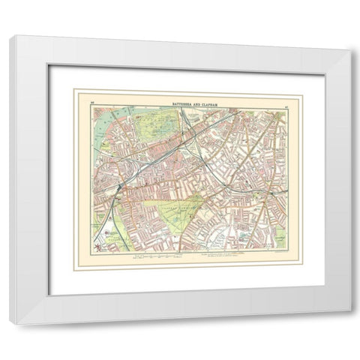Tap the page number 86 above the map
pos(92,100)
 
